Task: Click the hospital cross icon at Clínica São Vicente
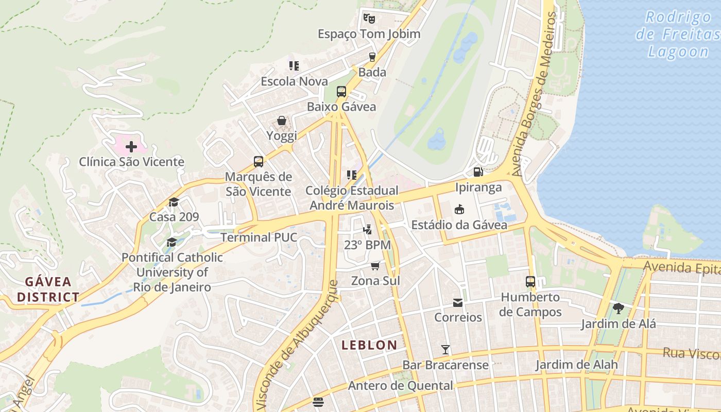pos(131,147)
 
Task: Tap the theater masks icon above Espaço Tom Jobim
pos(369,19)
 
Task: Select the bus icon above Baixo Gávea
pos(341,92)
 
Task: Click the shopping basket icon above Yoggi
pos(282,121)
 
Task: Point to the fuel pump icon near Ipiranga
pos(478,172)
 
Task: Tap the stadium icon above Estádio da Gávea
pos(459,209)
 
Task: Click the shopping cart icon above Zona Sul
pos(375,266)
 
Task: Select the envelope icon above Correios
pos(458,302)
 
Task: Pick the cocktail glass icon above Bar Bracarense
pos(445,350)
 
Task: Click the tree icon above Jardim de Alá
pos(618,308)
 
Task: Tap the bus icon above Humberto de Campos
pos(530,282)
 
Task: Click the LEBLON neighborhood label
pos(369,345)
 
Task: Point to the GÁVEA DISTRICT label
pos(48,289)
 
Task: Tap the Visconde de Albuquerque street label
pos(298,345)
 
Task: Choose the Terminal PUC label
pos(259,237)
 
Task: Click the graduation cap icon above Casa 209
pos(174,201)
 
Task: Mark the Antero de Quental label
pos(401,386)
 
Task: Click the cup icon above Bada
pos(372,57)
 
